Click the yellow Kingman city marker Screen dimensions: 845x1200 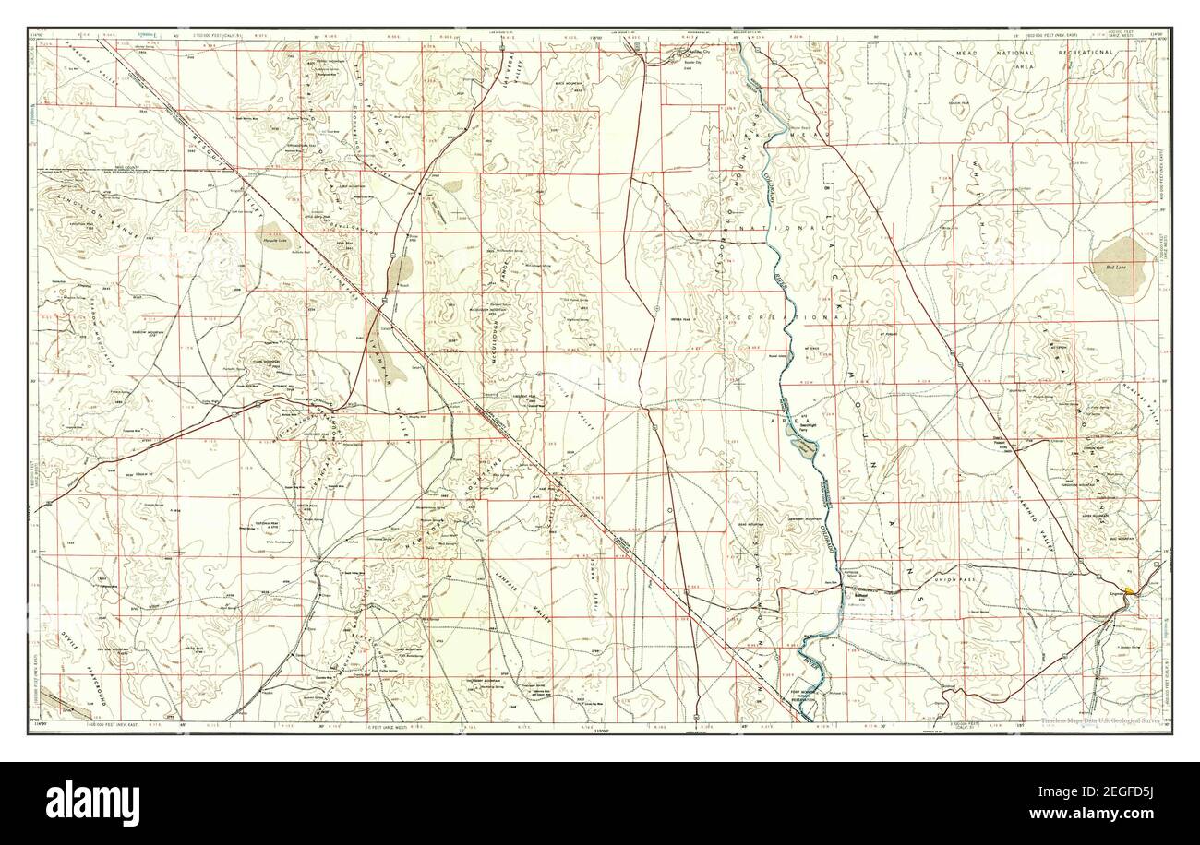point(1131,589)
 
